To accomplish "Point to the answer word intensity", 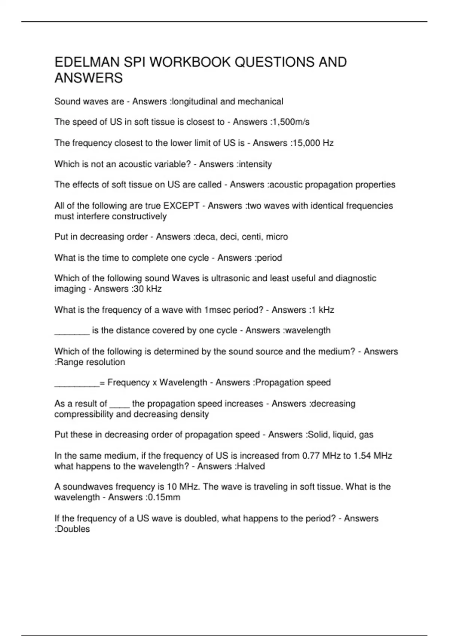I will (x=255, y=164).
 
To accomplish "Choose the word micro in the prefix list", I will (x=277, y=237).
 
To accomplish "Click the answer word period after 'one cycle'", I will (x=269, y=258).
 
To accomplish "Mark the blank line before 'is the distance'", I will (x=72, y=332).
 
